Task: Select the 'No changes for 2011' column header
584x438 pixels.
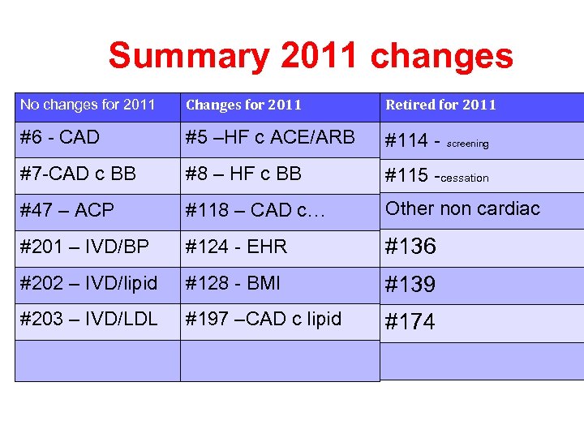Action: click(87, 104)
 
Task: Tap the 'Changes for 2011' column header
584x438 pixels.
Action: click(243, 105)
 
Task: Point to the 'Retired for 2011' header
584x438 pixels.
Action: click(440, 105)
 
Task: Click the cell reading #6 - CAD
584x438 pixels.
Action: click(59, 137)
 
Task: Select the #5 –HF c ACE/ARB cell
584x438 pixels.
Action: click(270, 137)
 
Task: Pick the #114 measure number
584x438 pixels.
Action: click(407, 141)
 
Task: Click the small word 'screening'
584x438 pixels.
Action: click(468, 144)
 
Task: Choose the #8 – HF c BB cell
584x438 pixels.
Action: click(243, 174)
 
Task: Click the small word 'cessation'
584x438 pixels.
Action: click(465, 178)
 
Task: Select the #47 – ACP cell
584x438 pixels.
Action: click(67, 210)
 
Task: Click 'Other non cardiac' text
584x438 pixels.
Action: click(462, 208)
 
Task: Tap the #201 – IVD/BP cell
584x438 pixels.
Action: click(84, 247)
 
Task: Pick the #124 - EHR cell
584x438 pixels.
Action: click(236, 247)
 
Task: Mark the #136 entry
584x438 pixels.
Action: click(410, 247)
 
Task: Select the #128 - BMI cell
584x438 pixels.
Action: click(233, 283)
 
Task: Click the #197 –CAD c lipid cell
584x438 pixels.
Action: click(264, 319)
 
